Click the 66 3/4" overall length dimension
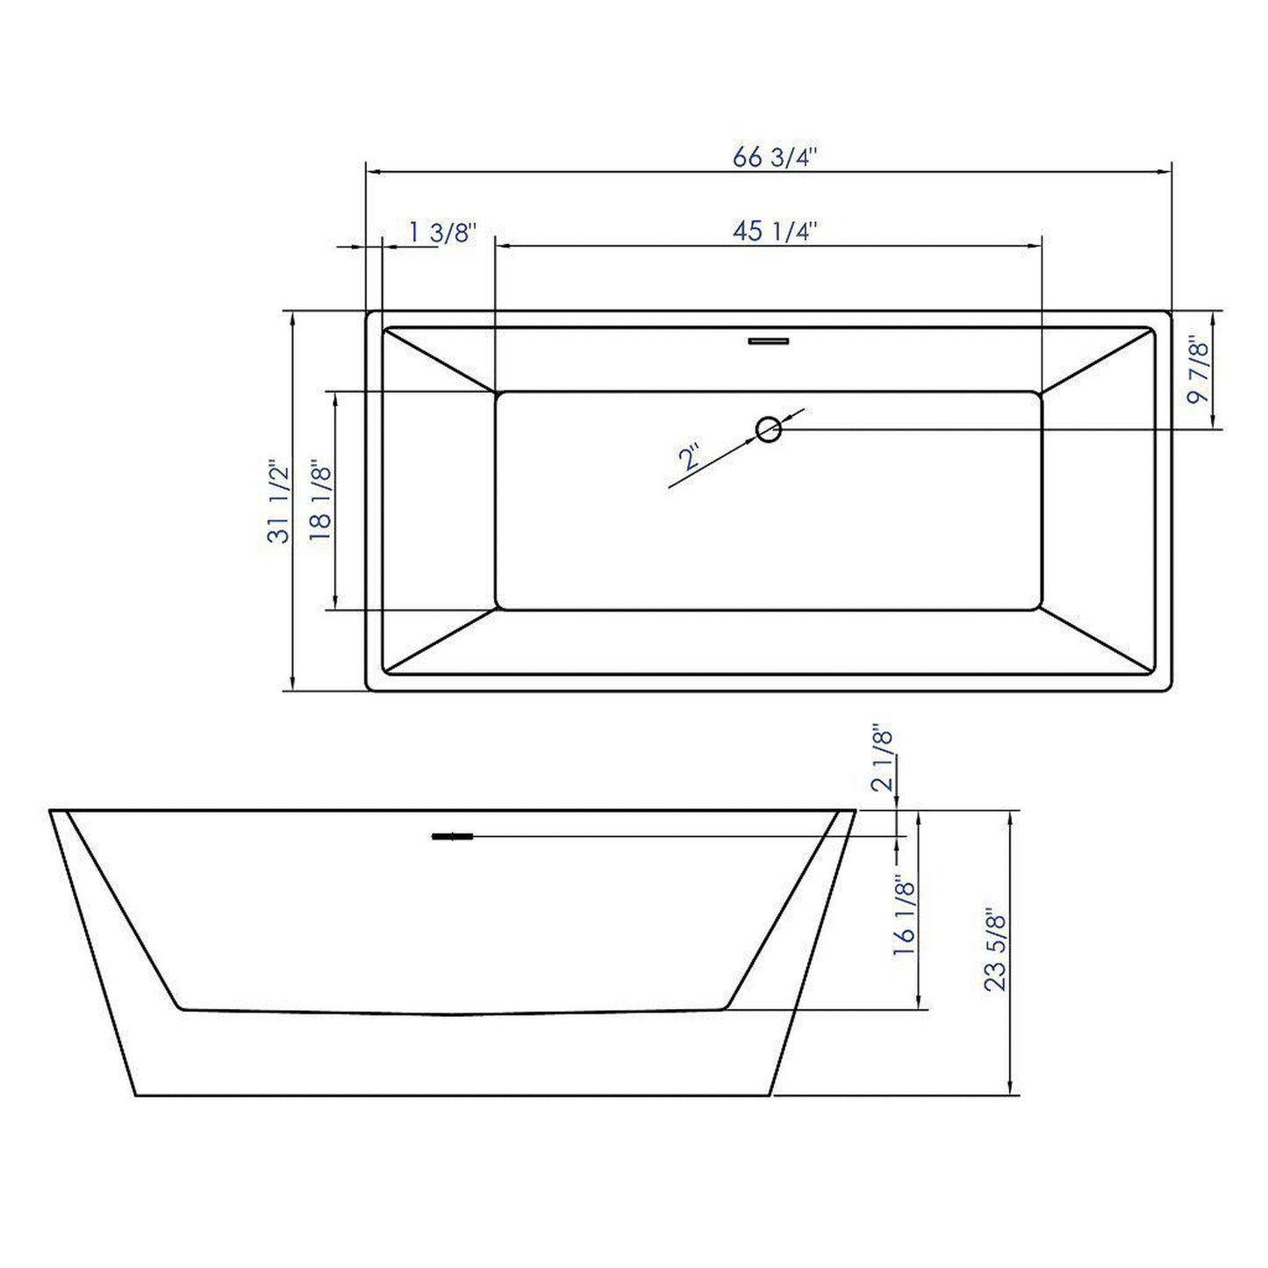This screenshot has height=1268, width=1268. (775, 158)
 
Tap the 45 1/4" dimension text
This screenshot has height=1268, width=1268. (775, 232)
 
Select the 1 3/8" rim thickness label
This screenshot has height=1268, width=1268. (442, 233)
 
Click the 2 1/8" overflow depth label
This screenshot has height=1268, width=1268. (884, 760)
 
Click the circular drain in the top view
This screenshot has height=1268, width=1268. (769, 430)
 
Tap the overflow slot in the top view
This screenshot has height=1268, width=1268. (769, 340)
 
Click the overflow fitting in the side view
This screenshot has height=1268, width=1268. (453, 837)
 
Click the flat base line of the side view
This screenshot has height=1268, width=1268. (453, 1095)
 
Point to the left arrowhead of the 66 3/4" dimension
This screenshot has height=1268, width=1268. (371, 171)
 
